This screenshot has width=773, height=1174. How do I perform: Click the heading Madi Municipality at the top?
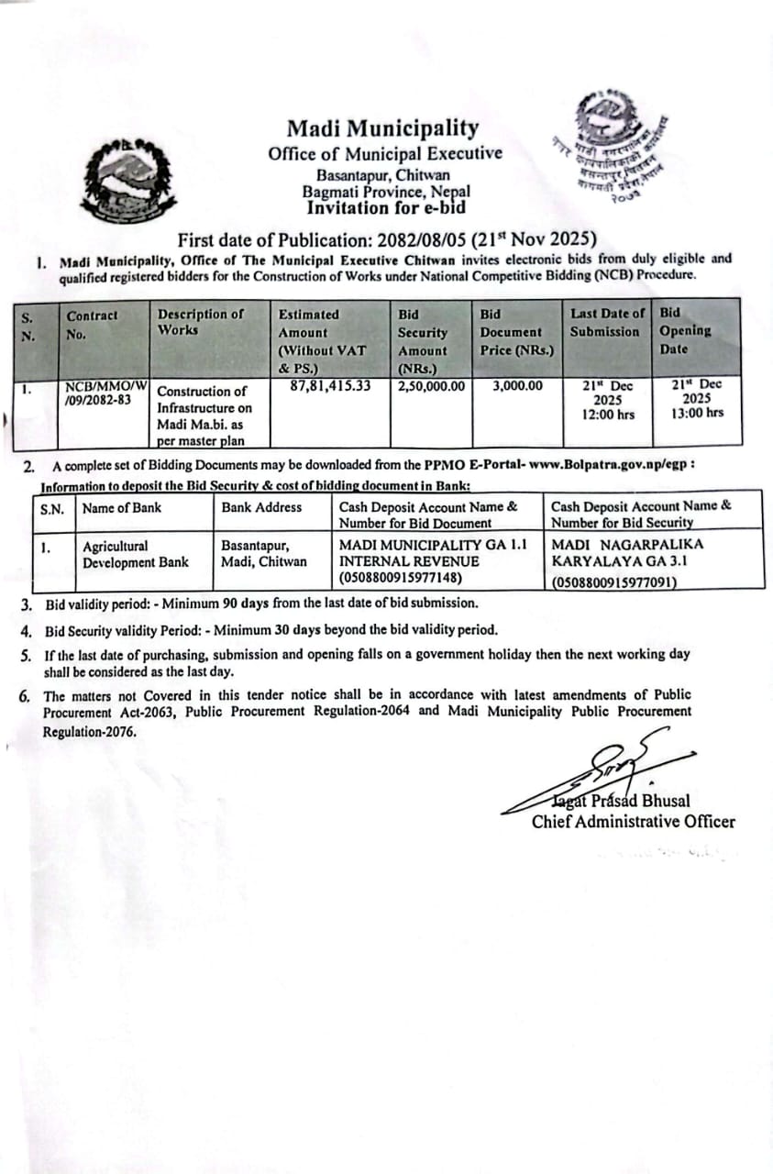click(382, 128)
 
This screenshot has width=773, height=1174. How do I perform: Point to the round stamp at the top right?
click(609, 145)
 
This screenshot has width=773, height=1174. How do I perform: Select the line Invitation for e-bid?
click(385, 208)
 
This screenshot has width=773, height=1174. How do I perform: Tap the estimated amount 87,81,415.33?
click(330, 386)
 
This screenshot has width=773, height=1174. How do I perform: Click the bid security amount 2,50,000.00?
click(431, 386)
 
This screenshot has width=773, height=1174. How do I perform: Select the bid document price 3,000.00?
click(517, 386)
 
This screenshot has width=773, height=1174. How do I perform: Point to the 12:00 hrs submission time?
click(607, 414)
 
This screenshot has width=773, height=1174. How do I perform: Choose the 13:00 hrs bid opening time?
click(697, 413)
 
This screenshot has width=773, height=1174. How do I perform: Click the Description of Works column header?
click(201, 322)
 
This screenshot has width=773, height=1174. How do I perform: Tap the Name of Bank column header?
click(121, 507)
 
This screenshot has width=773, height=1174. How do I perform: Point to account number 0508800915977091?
click(613, 581)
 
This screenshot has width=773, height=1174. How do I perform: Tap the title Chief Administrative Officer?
click(633, 822)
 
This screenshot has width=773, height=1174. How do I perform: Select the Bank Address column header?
click(261, 507)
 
